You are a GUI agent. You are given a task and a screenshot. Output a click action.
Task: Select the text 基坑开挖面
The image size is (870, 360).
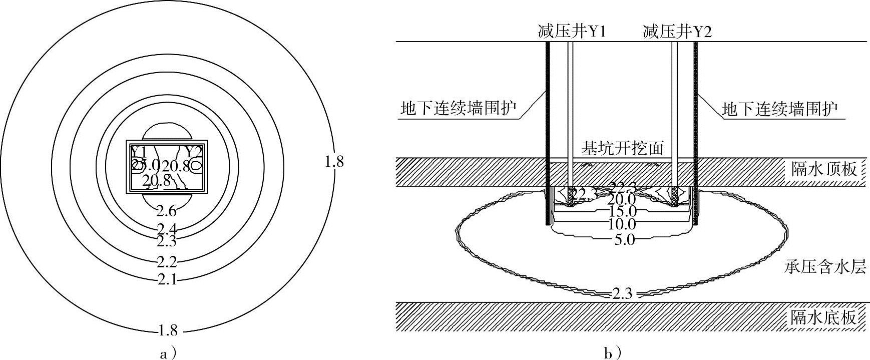(x=622, y=148)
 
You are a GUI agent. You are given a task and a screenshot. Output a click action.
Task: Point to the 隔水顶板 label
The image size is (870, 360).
(x=823, y=169)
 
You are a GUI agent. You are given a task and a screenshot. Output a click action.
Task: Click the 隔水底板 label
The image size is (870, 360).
(x=823, y=317)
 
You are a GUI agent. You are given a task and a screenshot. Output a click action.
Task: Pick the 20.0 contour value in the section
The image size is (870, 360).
(x=622, y=200)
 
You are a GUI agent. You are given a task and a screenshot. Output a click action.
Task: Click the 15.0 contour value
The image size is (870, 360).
(x=622, y=212)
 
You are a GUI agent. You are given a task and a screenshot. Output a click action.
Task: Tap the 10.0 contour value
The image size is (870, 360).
(x=622, y=224)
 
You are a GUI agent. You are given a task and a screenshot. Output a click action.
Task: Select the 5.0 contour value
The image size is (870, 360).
(x=624, y=240)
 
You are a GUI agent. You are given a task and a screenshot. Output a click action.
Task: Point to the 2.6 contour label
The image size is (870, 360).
(x=166, y=211)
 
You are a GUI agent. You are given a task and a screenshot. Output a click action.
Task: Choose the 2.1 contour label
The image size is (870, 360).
(x=167, y=279)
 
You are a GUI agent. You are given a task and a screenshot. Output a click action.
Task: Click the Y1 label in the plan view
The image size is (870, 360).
(x=139, y=151)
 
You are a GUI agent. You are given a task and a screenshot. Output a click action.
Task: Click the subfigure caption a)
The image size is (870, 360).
(x=168, y=354)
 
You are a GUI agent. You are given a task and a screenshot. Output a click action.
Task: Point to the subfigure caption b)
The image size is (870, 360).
(x=613, y=354)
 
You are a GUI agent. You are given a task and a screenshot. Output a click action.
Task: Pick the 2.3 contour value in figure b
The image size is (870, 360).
(x=622, y=294)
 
